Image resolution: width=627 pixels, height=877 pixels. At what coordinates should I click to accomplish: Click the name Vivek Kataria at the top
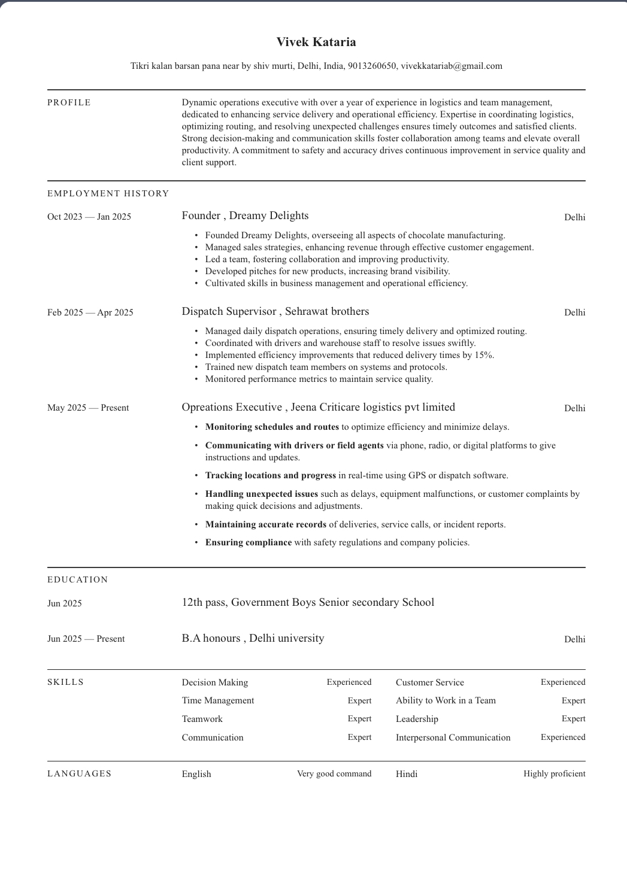pos(316,42)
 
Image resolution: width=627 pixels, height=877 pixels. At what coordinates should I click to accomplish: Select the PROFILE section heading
pos(69,103)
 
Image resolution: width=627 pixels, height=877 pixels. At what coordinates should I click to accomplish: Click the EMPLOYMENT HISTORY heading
pos(108,193)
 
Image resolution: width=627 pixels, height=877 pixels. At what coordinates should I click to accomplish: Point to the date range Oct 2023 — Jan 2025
pos(89,217)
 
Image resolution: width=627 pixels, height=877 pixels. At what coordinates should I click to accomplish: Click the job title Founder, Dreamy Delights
pos(245,216)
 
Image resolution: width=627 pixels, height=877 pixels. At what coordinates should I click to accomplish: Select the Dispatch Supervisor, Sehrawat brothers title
pos(275,311)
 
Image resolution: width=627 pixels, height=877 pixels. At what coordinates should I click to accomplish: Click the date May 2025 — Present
pos(88,408)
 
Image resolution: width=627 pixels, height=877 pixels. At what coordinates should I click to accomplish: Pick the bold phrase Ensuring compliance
pos(249,542)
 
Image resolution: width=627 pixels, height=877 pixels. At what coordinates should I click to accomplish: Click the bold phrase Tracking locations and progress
pos(271,475)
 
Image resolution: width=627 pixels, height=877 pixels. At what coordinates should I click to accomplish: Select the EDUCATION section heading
pos(78,579)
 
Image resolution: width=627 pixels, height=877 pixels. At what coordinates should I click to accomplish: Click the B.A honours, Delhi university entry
pos(253,638)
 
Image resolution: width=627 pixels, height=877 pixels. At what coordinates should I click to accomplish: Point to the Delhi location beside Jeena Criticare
pos(574,408)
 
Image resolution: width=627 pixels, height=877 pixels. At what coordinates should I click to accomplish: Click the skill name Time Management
pos(218,700)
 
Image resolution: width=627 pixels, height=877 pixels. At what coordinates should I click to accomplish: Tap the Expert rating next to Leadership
pos(573,719)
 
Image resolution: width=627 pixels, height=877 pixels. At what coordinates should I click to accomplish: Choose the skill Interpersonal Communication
pos(453,738)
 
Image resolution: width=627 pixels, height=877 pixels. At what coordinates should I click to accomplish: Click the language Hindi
pos(407,774)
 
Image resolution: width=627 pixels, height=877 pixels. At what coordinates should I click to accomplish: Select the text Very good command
pos(334,774)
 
